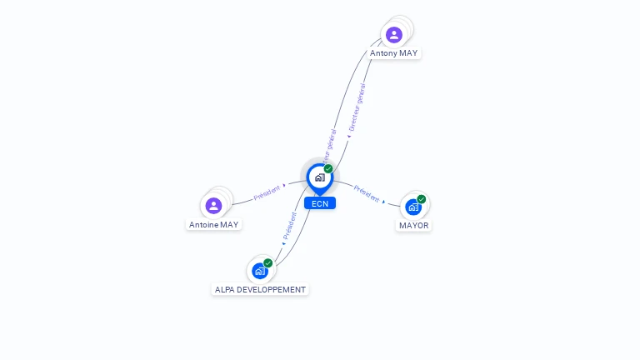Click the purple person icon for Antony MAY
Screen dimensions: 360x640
[394, 34]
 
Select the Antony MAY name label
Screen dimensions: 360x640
[394, 53]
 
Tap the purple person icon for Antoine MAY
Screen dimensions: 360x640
[213, 205]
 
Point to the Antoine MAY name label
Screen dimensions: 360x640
[213, 225]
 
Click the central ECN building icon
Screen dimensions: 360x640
[319, 177]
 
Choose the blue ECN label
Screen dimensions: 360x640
[320, 203]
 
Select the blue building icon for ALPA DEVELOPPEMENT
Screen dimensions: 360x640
[260, 271]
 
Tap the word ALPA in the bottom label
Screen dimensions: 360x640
[225, 290]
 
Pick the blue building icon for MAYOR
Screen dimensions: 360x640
[412, 207]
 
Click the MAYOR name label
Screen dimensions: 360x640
[413, 226]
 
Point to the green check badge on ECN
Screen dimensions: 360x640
[328, 168]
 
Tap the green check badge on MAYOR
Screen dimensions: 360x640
[422, 199]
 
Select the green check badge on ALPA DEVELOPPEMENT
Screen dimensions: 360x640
[268, 262]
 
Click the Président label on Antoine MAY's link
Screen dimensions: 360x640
[267, 192]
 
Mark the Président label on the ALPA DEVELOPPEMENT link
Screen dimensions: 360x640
[289, 225]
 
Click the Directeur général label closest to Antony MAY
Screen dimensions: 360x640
[357, 106]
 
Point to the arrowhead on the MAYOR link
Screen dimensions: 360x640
[383, 201]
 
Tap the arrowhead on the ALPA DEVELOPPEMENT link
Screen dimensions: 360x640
[283, 244]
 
